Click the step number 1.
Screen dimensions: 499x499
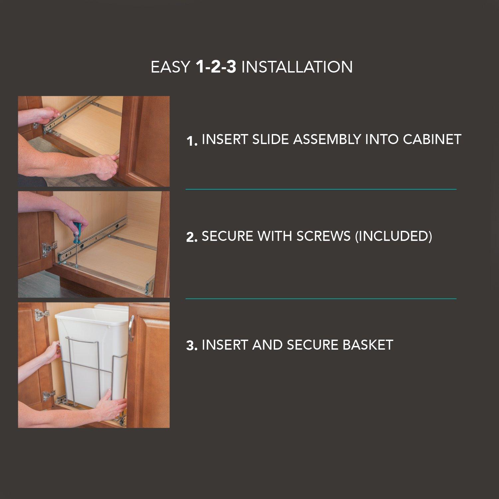[192, 141]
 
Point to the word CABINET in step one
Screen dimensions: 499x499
[432, 139]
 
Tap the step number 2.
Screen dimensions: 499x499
[192, 237]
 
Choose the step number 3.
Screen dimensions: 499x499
[192, 346]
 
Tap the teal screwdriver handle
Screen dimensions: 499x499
[78, 229]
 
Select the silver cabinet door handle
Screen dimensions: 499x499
[131, 323]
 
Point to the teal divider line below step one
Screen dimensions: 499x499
[321, 189]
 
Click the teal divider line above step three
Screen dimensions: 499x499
[321, 299]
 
